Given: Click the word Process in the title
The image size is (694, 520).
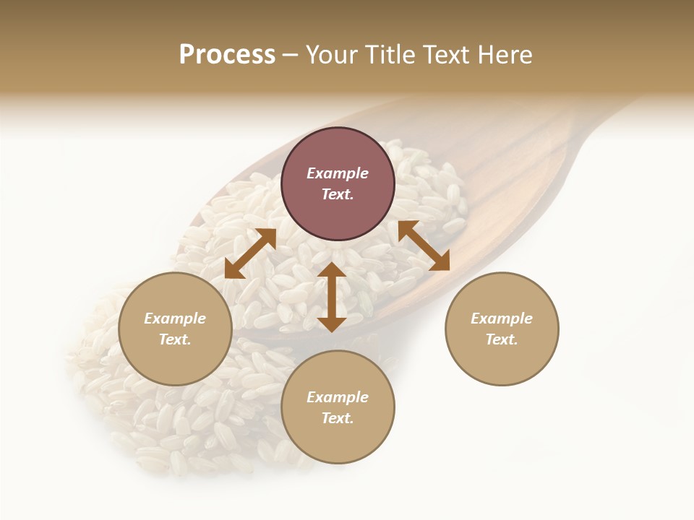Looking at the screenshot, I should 227,55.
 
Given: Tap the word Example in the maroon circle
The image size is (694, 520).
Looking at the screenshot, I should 338,173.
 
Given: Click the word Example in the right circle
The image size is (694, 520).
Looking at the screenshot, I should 502,318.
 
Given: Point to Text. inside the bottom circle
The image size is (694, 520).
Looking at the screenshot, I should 338,418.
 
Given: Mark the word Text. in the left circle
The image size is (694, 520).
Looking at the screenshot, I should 175,339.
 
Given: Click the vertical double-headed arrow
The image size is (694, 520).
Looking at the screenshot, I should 332,297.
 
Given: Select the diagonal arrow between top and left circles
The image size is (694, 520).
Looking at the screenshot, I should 250,253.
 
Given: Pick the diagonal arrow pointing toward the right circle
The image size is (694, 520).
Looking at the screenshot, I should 424,246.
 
